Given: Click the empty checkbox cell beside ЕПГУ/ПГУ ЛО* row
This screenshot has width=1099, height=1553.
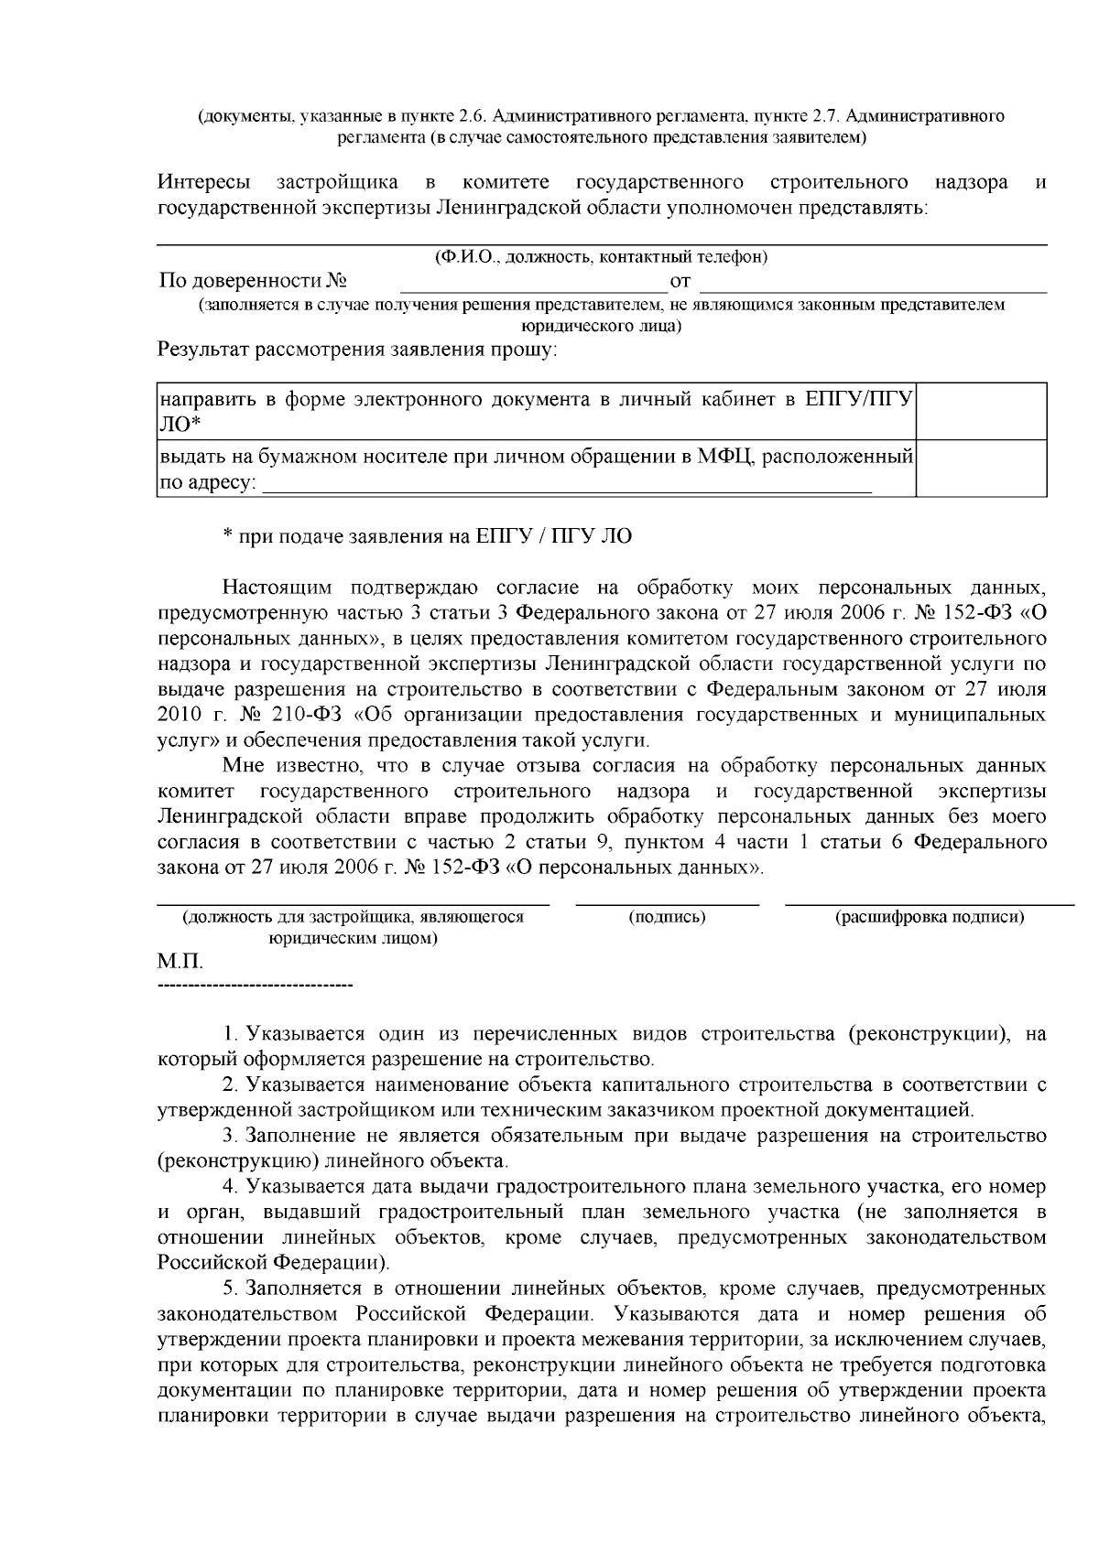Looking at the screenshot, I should pyautogui.click(x=982, y=411).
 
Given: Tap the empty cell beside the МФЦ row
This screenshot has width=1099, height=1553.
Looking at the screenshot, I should pyautogui.click(x=982, y=468).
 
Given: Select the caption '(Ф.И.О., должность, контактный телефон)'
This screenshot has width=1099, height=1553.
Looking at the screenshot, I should pyautogui.click(x=602, y=257).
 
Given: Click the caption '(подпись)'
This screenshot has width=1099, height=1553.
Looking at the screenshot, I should pyautogui.click(x=667, y=917).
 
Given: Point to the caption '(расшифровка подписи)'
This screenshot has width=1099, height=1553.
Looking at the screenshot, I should pyautogui.click(x=929, y=917).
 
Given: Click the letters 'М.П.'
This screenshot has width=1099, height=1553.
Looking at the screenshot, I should pyautogui.click(x=180, y=964).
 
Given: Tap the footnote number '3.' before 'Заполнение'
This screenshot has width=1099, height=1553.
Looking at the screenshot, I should pyautogui.click(x=230, y=1136).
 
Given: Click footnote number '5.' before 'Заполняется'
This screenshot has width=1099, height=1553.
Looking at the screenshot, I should pyautogui.click(x=230, y=1289).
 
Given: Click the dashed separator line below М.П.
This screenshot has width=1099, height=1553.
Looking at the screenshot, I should pyautogui.click(x=256, y=987).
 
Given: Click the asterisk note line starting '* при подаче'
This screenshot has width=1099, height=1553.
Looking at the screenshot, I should pyautogui.click(x=427, y=536).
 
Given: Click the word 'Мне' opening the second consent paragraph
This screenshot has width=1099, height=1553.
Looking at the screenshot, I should pyautogui.click(x=240, y=765).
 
